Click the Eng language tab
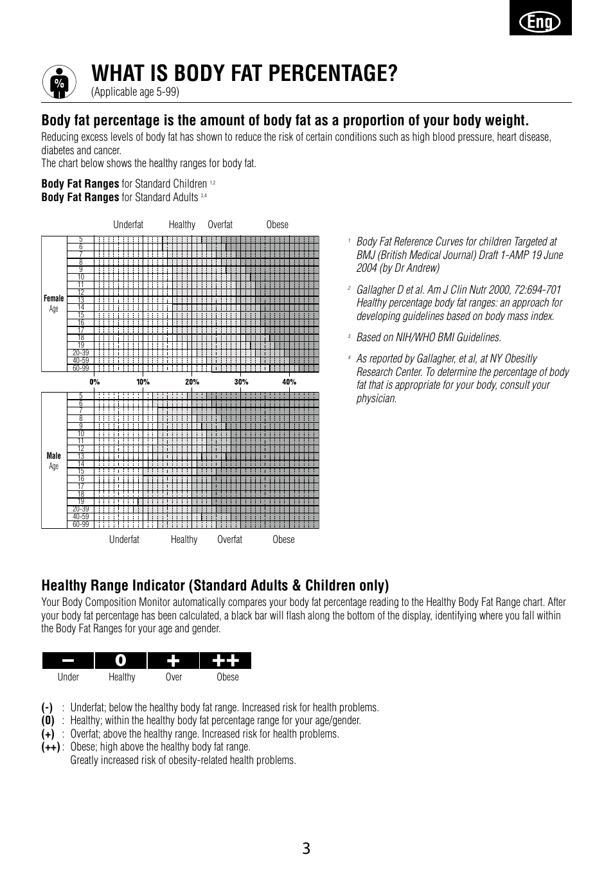(x=540, y=22)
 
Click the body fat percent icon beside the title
(x=59, y=83)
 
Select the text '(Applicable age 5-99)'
(x=135, y=92)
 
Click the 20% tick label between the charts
(x=192, y=382)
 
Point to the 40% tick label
(x=289, y=382)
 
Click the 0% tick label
(x=95, y=382)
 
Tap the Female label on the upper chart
(x=54, y=298)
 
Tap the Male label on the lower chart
(x=54, y=456)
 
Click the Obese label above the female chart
(x=278, y=225)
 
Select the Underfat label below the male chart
(x=124, y=540)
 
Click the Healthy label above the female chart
(x=182, y=225)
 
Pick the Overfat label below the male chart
(x=229, y=540)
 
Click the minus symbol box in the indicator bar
(x=68, y=661)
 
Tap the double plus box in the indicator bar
(x=226, y=661)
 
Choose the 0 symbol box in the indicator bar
(x=121, y=661)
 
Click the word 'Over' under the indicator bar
(x=173, y=677)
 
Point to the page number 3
(x=306, y=849)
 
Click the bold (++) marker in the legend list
(x=51, y=747)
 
